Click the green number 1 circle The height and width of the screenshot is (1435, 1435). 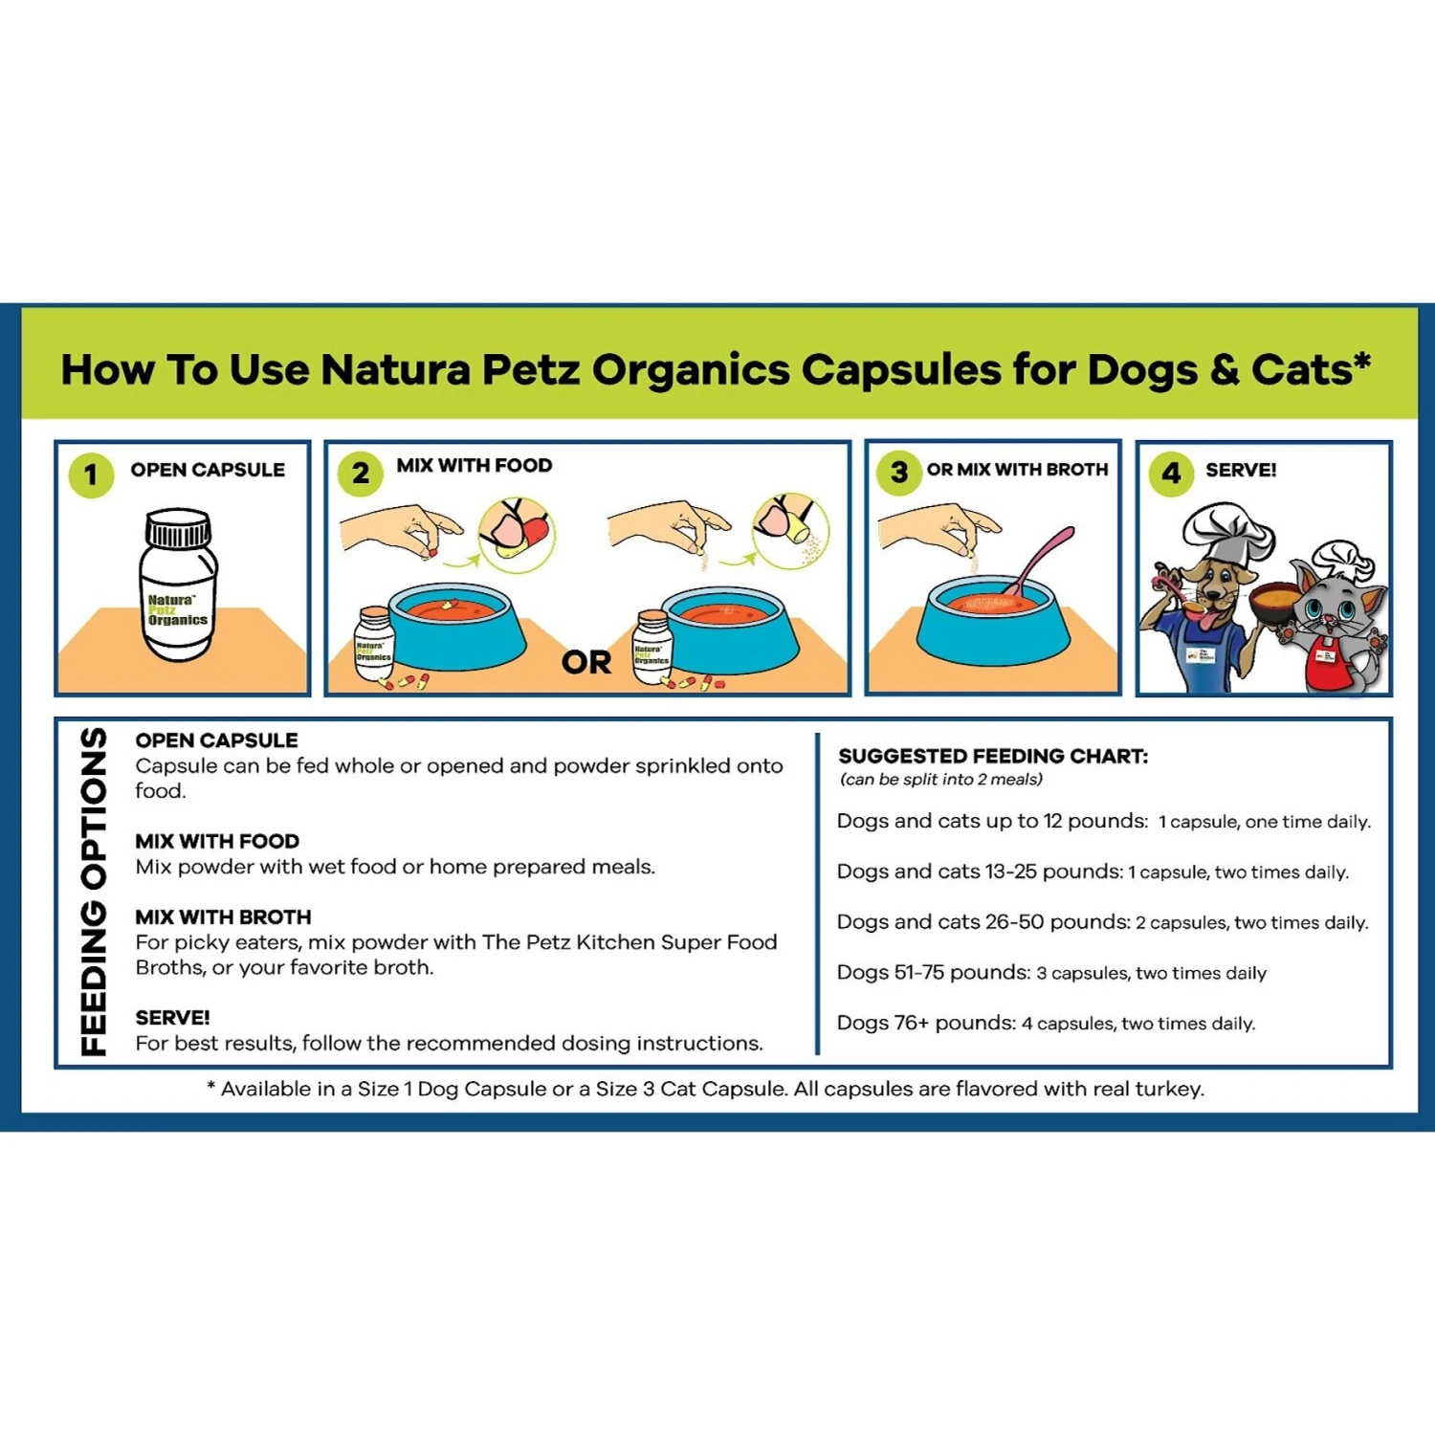click(91, 475)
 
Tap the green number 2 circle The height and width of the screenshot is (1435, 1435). click(361, 473)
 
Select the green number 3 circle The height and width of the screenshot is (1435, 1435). click(899, 472)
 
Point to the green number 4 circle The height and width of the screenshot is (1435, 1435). click(1171, 473)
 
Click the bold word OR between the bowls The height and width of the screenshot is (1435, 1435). click(586, 662)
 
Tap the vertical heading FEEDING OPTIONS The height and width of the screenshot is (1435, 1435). click(94, 892)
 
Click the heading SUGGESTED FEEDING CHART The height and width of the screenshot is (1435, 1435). click(993, 756)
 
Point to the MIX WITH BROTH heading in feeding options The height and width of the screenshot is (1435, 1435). click(223, 916)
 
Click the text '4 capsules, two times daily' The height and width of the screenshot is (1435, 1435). click(1137, 1024)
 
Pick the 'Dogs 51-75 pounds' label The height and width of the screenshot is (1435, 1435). click(933, 973)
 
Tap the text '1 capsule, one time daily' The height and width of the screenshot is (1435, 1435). click(1264, 822)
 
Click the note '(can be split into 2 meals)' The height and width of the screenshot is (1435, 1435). click(941, 780)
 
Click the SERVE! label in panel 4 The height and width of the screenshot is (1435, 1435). click(1241, 470)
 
